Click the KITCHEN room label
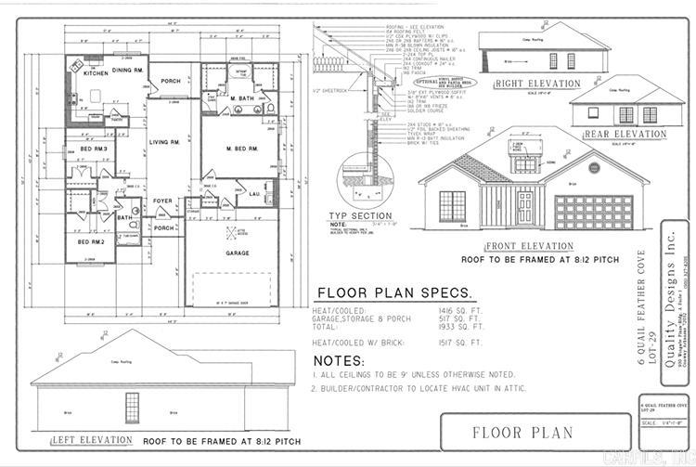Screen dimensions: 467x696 (x=96, y=72)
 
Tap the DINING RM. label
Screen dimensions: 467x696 (x=128, y=70)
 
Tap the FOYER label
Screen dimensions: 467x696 (x=163, y=200)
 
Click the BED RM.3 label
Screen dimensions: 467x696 (x=94, y=149)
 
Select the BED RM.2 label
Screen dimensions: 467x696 (x=90, y=241)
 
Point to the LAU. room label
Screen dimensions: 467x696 (x=253, y=193)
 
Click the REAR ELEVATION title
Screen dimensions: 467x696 (x=625, y=135)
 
